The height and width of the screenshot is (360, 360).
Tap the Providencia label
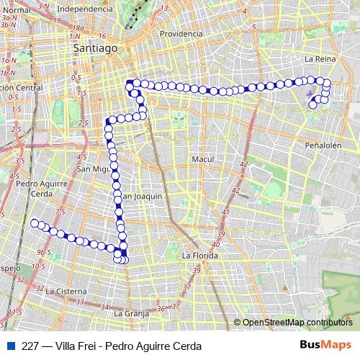pyautogui.click(x=181, y=34)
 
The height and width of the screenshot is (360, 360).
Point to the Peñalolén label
pyautogui.click(x=321, y=145)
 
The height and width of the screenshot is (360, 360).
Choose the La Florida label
pyautogui.click(x=199, y=255)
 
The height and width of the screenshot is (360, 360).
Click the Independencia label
pyautogui.click(x=84, y=9)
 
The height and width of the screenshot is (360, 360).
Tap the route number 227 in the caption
pyautogui.click(x=30, y=345)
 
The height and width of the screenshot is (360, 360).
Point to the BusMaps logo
pyautogui.click(x=325, y=344)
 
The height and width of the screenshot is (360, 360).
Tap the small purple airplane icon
pyautogui.click(x=310, y=93)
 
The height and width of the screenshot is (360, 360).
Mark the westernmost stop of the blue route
pyautogui.click(x=33, y=222)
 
